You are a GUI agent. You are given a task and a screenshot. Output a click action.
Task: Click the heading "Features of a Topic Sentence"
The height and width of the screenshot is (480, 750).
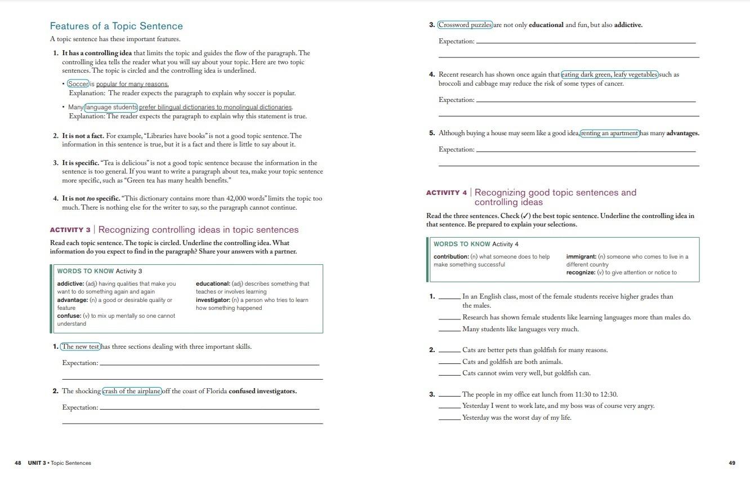(116, 26)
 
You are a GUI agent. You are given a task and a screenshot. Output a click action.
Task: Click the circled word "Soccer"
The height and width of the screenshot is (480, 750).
(78, 84)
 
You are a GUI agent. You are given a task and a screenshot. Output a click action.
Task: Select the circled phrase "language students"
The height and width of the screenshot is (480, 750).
(111, 107)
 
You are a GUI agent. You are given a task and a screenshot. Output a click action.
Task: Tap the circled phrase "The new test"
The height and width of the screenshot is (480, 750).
(81, 346)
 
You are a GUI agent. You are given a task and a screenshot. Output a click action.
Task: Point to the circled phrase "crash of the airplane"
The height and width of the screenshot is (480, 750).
(132, 391)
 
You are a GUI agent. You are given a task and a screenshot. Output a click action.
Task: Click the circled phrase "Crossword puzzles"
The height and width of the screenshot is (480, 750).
(465, 25)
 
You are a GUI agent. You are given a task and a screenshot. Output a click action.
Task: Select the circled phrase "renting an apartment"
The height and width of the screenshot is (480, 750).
(610, 134)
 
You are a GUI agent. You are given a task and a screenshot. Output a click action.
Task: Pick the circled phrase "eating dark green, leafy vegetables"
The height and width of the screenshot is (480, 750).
(609, 74)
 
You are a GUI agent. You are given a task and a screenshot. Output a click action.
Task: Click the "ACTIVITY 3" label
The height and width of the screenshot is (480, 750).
(70, 230)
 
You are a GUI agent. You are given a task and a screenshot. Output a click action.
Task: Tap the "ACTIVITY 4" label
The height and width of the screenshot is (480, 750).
(447, 193)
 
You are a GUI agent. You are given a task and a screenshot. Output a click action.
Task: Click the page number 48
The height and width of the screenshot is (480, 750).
(18, 463)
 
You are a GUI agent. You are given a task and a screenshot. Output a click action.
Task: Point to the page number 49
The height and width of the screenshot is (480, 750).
(732, 463)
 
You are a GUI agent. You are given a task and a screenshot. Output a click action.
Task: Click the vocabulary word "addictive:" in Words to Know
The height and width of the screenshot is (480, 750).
(70, 284)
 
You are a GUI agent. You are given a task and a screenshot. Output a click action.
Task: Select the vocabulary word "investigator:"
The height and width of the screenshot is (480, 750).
(213, 300)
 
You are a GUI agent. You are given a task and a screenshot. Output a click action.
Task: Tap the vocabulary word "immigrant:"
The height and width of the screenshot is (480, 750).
(581, 257)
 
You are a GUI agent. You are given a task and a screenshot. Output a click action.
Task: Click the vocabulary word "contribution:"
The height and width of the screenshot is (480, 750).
(451, 257)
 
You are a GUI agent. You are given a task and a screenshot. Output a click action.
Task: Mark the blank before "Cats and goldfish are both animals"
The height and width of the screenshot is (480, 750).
(449, 362)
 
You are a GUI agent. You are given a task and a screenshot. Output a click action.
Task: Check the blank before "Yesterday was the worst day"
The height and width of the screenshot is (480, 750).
(449, 418)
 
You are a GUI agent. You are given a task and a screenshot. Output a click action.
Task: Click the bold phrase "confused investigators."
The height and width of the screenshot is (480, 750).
(262, 391)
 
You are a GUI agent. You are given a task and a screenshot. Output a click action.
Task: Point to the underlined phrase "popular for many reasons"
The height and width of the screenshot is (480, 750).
(132, 85)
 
